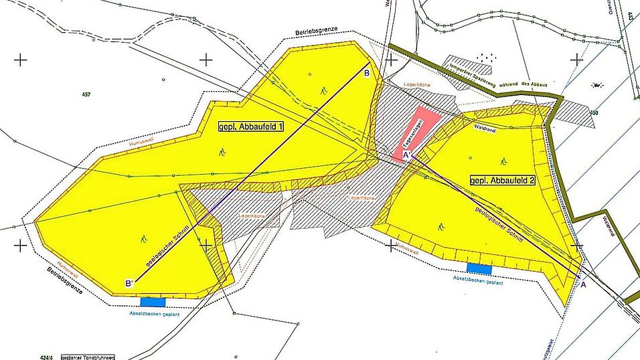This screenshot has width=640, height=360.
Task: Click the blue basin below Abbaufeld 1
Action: tap(152, 302)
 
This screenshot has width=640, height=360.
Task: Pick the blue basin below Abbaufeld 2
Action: tap(479, 268)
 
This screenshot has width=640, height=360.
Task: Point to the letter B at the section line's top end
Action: tap(366, 74)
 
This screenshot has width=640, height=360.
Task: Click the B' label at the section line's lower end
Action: tap(129, 284)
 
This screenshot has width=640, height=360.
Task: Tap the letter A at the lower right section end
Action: tap(582, 285)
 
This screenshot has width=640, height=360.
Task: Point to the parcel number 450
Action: tap(593, 112)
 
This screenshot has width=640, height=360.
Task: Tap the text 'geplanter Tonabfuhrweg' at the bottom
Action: tap(89, 357)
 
